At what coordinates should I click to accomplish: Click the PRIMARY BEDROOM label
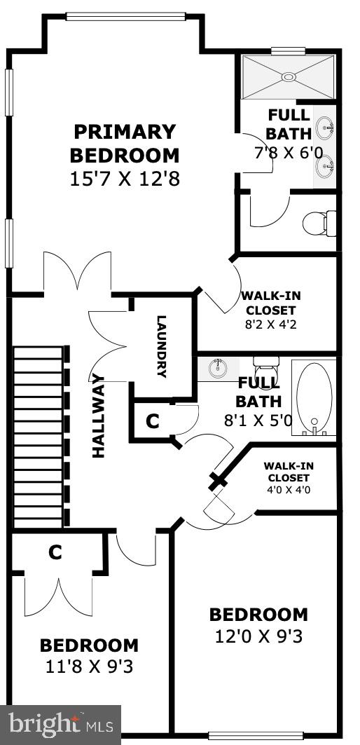[124, 143]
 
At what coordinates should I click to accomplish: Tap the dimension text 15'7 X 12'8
[125, 179]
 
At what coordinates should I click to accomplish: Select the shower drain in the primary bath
[288, 76]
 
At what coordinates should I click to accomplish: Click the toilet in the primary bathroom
[319, 224]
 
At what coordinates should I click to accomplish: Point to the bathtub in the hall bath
[313, 397]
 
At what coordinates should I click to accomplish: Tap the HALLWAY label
[98, 416]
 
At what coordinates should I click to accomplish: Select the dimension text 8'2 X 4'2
[268, 324]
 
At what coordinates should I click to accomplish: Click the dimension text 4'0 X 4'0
[287, 489]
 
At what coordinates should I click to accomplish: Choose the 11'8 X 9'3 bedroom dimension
[88, 666]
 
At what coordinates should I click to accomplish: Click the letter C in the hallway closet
[152, 421]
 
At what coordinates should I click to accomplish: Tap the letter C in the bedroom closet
[55, 553]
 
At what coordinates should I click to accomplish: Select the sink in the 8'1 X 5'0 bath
[218, 368]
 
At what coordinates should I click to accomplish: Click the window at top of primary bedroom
[125, 16]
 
